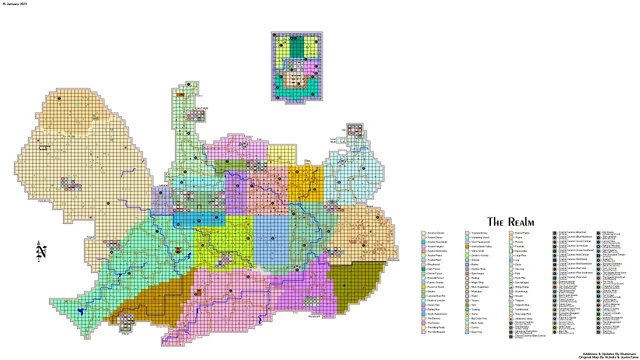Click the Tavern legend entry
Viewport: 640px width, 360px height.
[x=475, y=300]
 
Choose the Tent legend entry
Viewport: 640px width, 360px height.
[x=474, y=305]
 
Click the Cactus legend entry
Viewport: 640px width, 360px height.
[x=475, y=327]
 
